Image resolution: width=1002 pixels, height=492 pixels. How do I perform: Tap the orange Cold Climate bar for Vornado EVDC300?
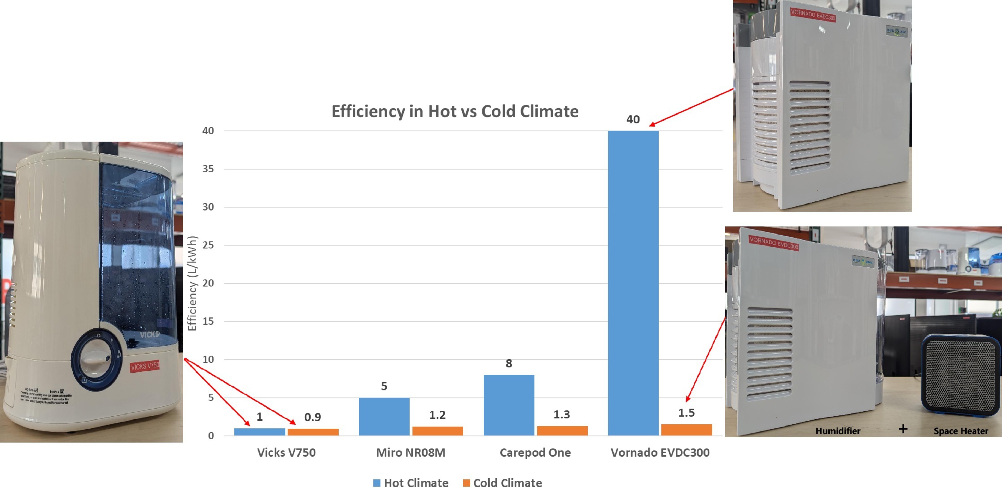pos(687,429)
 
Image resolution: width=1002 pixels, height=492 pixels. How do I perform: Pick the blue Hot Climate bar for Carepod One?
pos(509,405)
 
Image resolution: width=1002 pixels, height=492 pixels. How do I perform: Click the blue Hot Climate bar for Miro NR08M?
pos(384,416)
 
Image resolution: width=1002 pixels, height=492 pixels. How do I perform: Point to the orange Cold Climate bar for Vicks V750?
pos(313,432)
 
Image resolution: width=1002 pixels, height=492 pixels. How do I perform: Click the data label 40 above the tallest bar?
pos(633,119)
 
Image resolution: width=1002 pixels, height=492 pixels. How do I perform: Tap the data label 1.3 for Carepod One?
pos(562,415)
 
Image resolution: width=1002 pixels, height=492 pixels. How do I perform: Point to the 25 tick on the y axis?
pos(208,245)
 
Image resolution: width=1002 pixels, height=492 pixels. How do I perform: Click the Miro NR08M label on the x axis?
pos(410,452)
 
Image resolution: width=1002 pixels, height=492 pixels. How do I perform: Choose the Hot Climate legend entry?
pos(411,483)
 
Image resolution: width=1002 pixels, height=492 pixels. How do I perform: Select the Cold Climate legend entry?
pos(503,483)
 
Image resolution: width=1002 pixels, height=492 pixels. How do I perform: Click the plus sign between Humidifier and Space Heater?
pos(903,429)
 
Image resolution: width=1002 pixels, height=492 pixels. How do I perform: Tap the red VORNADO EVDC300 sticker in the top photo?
pos(813,15)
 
